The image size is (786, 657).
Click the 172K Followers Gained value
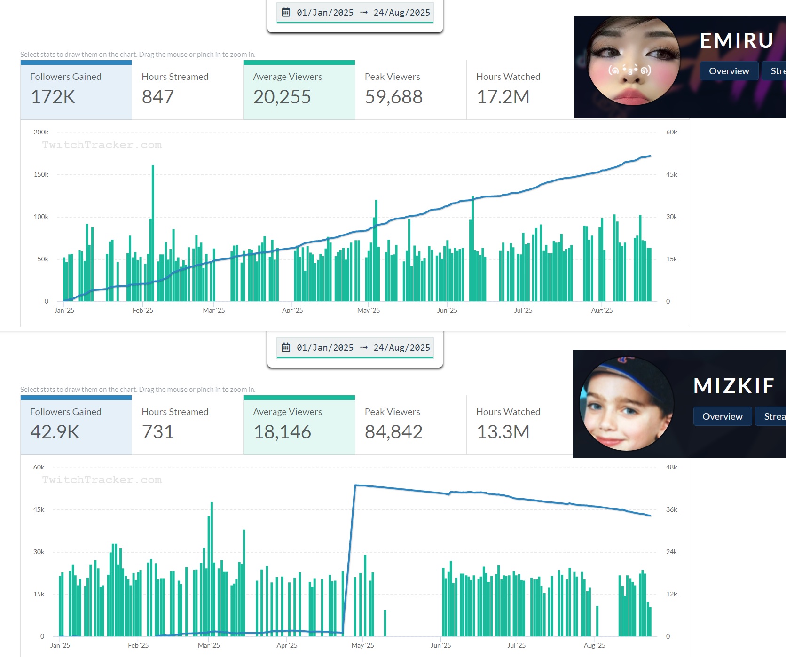point(53,97)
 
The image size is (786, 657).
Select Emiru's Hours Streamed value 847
point(158,97)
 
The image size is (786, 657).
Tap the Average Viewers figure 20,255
point(282,97)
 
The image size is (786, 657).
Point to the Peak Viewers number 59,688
point(393,97)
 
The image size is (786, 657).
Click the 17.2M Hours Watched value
point(503,97)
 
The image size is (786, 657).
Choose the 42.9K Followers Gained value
point(55,432)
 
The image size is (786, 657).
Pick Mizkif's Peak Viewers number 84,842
point(393,432)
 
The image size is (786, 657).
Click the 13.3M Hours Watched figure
point(503,432)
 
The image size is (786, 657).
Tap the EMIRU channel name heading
point(737,41)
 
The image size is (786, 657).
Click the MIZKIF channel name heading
point(734,386)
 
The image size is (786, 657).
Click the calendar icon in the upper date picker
point(286,12)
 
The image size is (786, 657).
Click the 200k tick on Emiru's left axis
point(41,133)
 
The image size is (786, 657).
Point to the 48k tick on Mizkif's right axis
point(671,468)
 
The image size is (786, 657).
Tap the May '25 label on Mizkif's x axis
point(362,645)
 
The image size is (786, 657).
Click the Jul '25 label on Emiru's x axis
point(523,310)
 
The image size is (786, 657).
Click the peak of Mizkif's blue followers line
point(355,485)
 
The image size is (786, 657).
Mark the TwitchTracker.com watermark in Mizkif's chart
point(102,480)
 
